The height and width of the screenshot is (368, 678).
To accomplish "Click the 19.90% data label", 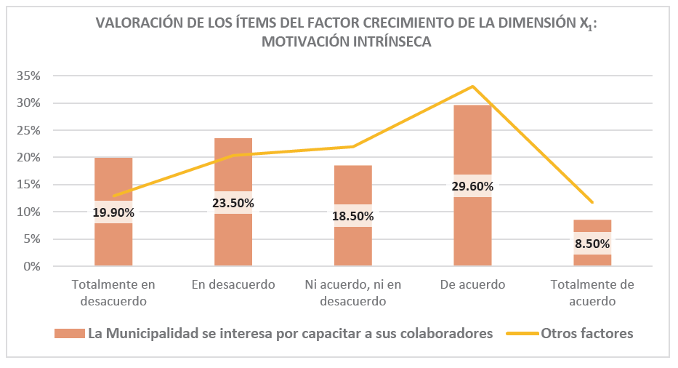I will click(x=113, y=212).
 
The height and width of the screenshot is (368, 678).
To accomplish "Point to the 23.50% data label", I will click(x=233, y=203).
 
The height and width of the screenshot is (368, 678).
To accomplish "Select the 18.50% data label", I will click(x=352, y=216).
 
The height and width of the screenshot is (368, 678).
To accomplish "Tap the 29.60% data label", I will click(x=472, y=186).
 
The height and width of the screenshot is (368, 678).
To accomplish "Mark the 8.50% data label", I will click(x=592, y=244).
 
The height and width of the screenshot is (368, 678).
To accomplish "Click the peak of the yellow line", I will click(x=472, y=87).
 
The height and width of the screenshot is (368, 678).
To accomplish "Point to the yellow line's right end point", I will click(x=593, y=202).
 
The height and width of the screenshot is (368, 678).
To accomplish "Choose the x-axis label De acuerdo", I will click(x=472, y=284).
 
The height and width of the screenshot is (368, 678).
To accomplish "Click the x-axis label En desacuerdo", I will click(x=233, y=284).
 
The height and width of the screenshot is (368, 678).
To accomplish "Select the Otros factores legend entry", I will click(x=586, y=334).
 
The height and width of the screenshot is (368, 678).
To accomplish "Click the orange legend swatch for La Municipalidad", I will click(x=69, y=334).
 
